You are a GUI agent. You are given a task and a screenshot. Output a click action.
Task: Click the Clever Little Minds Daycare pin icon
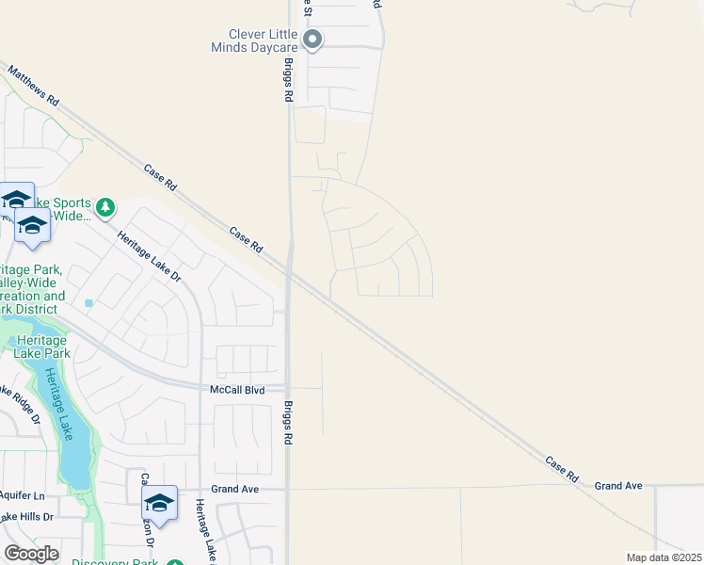coord(313,40)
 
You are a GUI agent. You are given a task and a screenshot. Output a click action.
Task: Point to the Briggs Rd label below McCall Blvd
coord(289,425)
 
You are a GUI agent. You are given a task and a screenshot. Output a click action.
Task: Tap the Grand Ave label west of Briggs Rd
coord(234,489)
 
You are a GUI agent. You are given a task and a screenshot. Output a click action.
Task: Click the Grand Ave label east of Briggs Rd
coord(617,486)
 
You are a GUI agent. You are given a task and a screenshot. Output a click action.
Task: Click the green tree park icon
coord(106,206)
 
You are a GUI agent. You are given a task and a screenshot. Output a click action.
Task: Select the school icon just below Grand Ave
coord(159,503)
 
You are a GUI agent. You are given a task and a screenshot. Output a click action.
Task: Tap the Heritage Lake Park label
coord(41,347)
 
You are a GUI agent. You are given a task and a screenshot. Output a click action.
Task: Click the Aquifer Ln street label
coord(23,495)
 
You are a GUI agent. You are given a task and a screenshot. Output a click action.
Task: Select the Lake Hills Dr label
coord(27,517)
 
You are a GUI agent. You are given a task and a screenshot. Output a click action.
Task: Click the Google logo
coord(31,554)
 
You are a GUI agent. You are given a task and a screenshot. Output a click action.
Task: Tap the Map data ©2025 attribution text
coord(664,557)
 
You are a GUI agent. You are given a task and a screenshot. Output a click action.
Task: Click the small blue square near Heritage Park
coord(89,303)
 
